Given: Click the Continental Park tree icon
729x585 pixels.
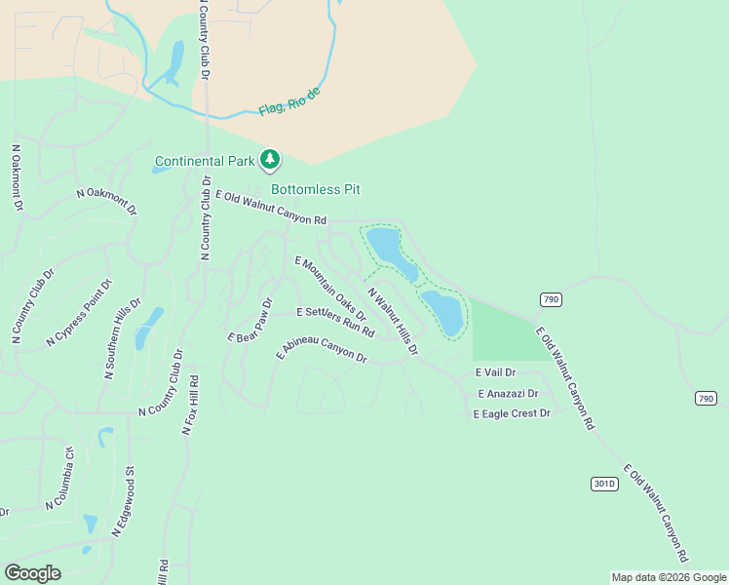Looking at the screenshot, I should pos(270,159).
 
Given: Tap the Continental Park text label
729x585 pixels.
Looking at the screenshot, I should pos(205,161).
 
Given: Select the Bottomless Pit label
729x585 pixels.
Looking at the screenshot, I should pos(309,189).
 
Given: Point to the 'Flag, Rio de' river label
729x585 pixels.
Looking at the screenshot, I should pos(289,100).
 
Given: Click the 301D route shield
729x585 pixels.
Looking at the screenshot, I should pos(604,484).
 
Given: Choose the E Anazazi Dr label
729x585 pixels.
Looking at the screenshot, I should pos(508,393).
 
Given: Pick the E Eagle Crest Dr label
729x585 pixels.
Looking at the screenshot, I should pos(512,413).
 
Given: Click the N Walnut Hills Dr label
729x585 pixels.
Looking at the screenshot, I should pos(392,320).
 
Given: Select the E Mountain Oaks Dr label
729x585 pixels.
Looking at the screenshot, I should pos(329,289).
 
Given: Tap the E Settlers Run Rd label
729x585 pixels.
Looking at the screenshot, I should pos(334,321).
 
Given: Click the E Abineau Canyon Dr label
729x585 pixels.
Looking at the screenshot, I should pos(321,351).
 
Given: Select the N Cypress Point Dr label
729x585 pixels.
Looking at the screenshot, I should pos(80,313).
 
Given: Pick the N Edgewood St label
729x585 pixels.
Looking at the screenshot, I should pos(123,502).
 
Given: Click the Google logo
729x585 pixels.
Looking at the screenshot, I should pos(32,573).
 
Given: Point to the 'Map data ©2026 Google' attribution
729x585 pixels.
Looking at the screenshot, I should pos(669,577).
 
